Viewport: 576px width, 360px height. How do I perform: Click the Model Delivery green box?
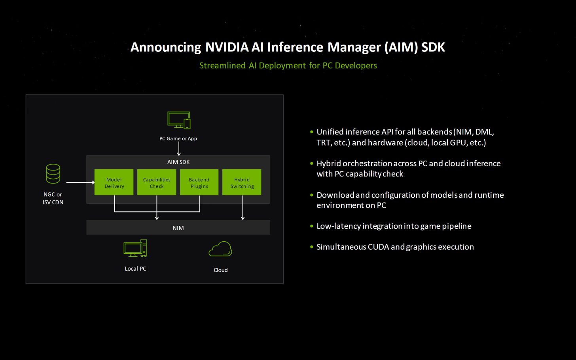tap(114, 182)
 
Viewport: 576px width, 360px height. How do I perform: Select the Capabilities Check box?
tap(157, 182)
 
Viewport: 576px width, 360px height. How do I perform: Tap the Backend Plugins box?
tap(199, 182)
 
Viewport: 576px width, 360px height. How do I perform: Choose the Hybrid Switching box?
tap(242, 182)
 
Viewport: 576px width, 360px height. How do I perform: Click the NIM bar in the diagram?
tap(178, 228)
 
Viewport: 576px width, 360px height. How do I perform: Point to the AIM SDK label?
tap(178, 162)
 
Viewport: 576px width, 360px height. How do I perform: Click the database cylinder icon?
tap(53, 174)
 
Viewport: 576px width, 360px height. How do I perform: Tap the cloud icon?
tap(220, 249)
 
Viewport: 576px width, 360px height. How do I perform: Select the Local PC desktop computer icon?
tap(135, 248)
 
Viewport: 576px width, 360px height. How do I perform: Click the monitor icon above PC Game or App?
tap(179, 120)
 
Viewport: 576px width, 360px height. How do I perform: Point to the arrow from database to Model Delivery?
tap(80, 182)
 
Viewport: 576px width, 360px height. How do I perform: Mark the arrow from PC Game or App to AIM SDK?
tap(179, 149)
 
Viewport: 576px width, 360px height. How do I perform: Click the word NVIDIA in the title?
tap(227, 47)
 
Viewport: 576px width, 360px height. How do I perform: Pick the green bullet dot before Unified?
tap(312, 132)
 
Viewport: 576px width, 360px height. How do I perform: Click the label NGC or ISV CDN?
tap(53, 198)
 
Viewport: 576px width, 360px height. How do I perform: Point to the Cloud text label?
tap(220, 270)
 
